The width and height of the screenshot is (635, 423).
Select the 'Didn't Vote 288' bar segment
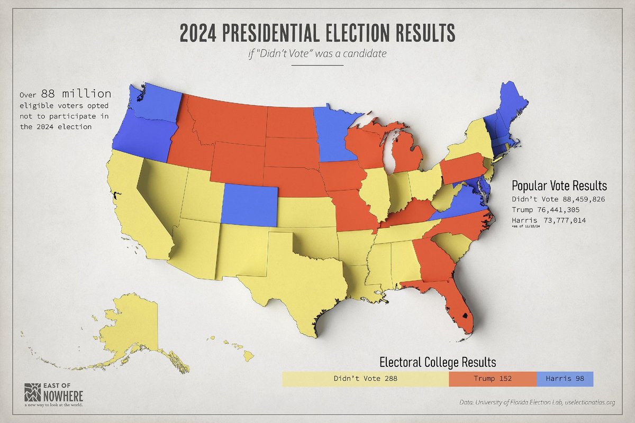(x=365, y=379)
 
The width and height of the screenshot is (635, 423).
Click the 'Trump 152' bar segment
(x=492, y=379)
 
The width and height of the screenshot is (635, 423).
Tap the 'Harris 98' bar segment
(x=565, y=379)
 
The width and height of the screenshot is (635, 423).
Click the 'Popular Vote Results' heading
(x=559, y=186)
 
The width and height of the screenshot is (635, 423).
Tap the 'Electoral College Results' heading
(x=438, y=362)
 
